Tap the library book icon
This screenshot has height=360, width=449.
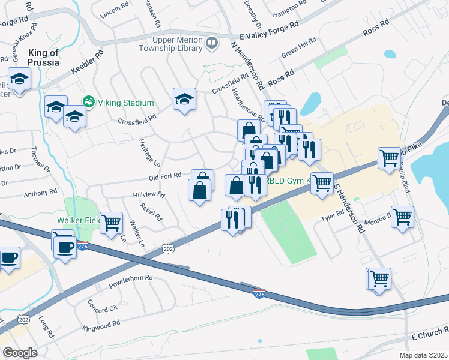(211, 43)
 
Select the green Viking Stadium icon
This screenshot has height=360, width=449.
(89, 102)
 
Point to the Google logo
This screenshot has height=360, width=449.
(20, 353)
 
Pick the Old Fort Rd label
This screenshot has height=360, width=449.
(165, 177)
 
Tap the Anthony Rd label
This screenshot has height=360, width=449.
(40, 193)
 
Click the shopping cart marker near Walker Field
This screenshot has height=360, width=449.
(112, 223)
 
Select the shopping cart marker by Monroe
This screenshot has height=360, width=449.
(402, 217)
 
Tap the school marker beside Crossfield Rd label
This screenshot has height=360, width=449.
(184, 98)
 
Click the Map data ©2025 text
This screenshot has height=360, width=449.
(423, 354)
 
